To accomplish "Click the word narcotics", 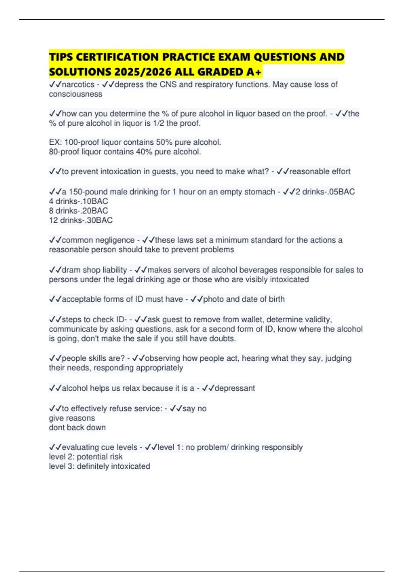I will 78,84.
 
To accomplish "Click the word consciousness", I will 75,94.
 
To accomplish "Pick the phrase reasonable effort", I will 320,172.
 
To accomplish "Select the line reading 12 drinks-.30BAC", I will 81,220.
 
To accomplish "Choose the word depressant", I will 235,388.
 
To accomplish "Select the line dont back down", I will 77,428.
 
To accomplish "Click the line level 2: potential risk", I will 86,457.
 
